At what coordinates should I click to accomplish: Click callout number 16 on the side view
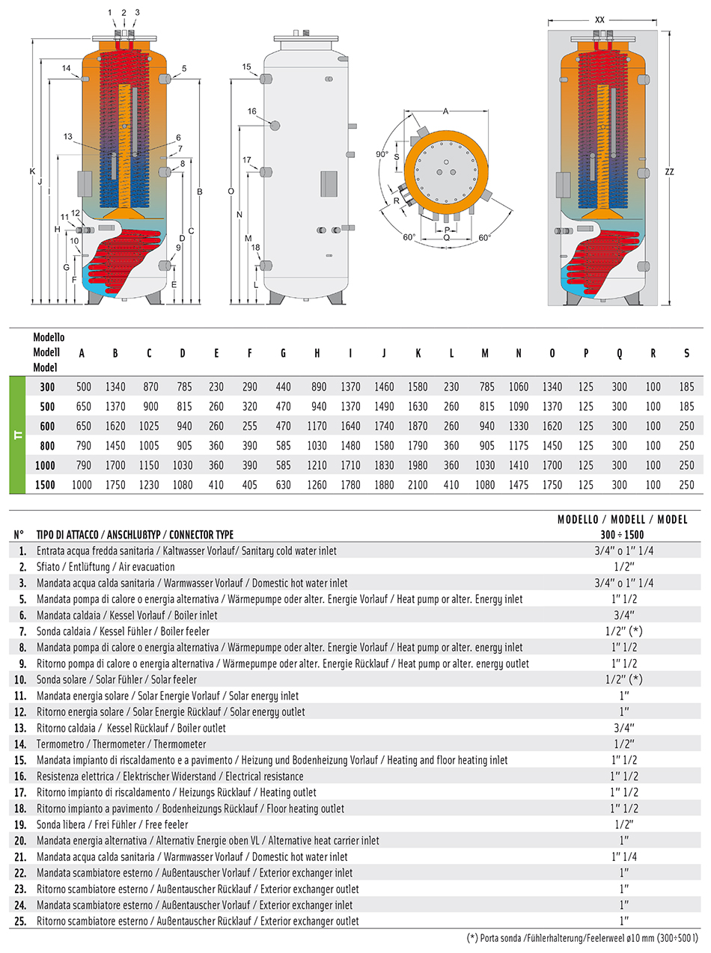251,111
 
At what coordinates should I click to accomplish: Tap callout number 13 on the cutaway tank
68,137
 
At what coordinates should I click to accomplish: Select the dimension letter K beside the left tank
33,171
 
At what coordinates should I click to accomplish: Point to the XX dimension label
599,20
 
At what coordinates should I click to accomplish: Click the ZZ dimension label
669,172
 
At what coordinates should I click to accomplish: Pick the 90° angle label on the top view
382,154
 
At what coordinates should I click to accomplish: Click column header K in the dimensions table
418,354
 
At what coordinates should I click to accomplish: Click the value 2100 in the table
418,485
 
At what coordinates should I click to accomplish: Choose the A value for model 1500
82,485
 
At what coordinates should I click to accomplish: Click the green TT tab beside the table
17,435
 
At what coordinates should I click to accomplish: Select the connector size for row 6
623,615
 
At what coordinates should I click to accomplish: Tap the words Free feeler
166,824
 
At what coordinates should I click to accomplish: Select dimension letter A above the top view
445,111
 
